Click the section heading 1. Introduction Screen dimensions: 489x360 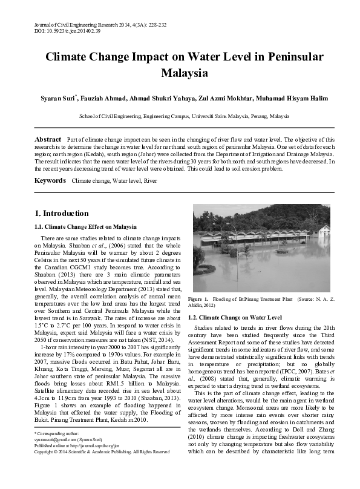tap(62, 213)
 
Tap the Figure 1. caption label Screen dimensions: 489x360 tap(198, 299)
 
